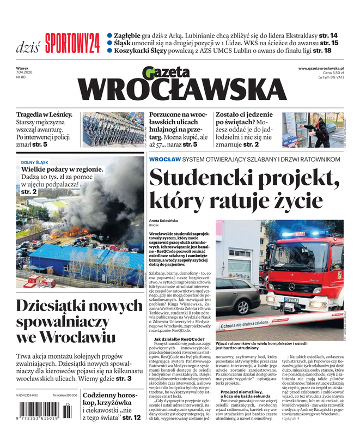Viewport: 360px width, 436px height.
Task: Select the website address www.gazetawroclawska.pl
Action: click(x=324, y=68)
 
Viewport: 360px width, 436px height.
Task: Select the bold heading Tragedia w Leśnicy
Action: click(x=44, y=114)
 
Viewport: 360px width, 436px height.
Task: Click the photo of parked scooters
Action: click(x=113, y=130)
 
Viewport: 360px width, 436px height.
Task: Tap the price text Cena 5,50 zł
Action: click(x=336, y=72)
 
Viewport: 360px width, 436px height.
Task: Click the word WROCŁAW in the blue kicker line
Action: click(x=164, y=159)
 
